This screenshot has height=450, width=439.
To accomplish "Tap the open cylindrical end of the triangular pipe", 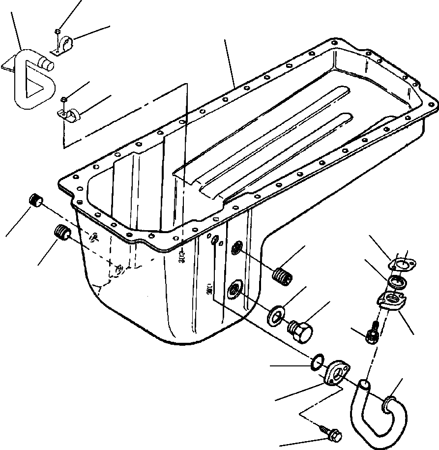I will click(48, 63).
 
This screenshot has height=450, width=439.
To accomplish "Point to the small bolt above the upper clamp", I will click(58, 32).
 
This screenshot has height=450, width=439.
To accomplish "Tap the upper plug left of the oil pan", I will click(35, 201).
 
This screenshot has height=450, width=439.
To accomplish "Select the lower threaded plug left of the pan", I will click(62, 231).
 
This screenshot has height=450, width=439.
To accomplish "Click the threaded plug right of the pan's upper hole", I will click(282, 276).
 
